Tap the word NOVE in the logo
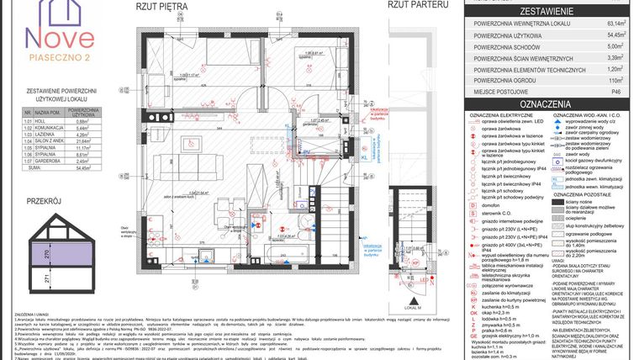point(56,37)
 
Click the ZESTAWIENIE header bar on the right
point(548,12)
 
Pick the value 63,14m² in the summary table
point(617,24)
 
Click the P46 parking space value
point(617,92)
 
